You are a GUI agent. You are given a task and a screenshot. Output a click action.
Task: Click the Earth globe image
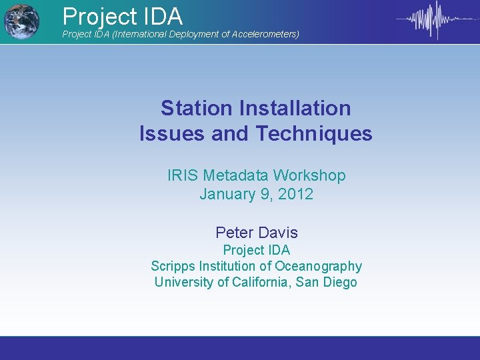point(21,21)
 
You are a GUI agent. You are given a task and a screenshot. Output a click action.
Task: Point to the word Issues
point(172,134)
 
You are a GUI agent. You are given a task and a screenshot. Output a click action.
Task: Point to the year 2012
point(297,195)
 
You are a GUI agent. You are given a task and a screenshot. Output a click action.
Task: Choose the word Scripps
point(177,267)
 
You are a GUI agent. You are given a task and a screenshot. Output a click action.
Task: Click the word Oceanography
point(318,267)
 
